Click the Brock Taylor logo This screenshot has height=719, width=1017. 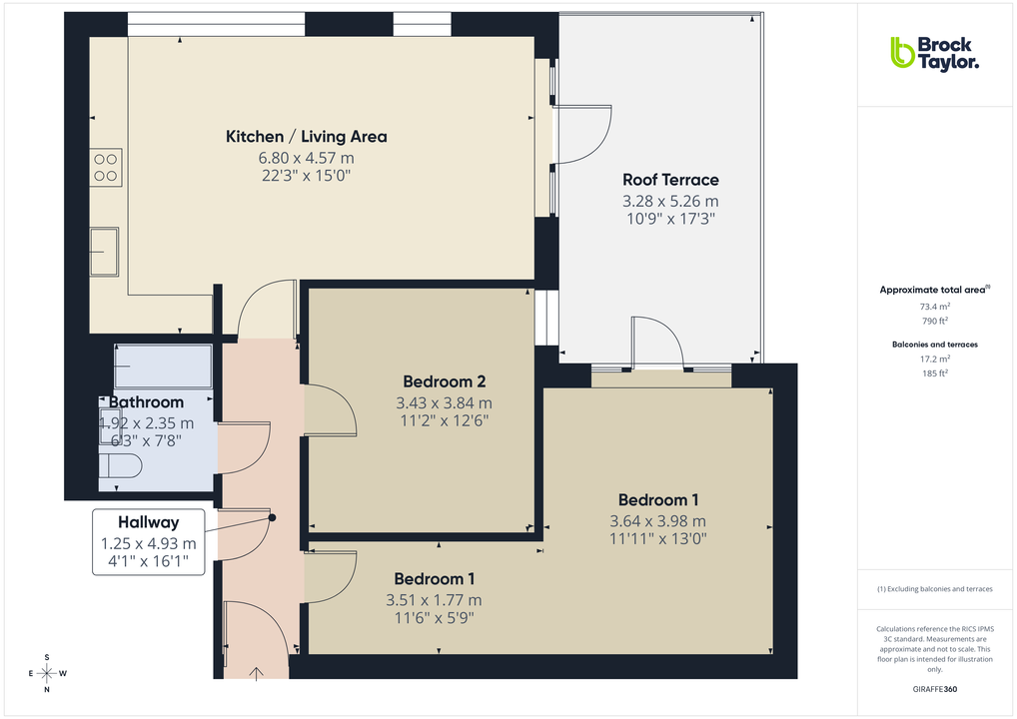(x=934, y=53)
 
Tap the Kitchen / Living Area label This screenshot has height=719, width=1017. (x=306, y=137)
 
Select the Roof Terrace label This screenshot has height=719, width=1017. (x=670, y=180)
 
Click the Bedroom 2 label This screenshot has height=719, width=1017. (x=444, y=381)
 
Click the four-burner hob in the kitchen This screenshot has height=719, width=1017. (x=106, y=167)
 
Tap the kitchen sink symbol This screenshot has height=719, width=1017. (x=104, y=251)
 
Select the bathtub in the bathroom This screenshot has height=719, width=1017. (x=164, y=367)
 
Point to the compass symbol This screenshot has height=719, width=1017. (x=47, y=673)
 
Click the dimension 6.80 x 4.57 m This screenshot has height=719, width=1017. (x=306, y=158)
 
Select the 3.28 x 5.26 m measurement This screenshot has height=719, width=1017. (x=670, y=201)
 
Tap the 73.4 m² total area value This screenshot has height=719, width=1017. (x=934, y=307)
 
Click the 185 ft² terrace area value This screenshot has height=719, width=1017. (x=934, y=372)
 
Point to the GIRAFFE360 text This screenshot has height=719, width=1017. (x=935, y=689)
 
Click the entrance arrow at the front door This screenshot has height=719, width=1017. (x=257, y=673)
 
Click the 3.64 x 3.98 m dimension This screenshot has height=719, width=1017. (x=657, y=520)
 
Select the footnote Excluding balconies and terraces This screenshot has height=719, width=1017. (x=934, y=589)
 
